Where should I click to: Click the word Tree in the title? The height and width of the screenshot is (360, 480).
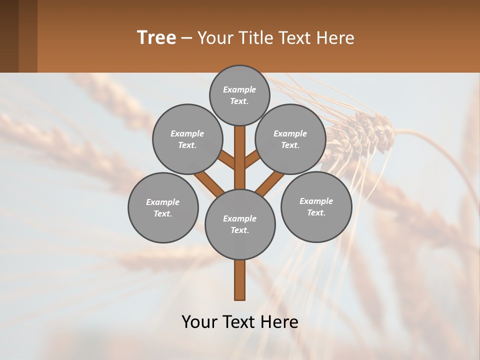(x=156, y=38)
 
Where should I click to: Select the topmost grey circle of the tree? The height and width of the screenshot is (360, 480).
(x=239, y=95)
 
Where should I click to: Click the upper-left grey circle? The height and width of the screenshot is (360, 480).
(x=187, y=139)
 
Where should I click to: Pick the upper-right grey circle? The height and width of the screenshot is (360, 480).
(x=290, y=139)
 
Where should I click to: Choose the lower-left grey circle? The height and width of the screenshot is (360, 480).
(x=163, y=207)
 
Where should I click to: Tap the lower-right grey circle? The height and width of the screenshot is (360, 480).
(x=316, y=206)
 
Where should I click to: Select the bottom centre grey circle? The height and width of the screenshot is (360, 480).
(x=240, y=224)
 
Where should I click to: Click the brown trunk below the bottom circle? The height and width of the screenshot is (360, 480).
(x=240, y=280)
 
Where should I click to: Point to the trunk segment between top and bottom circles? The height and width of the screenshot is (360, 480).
(x=240, y=157)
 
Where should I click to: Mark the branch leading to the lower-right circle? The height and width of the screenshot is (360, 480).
(x=270, y=182)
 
